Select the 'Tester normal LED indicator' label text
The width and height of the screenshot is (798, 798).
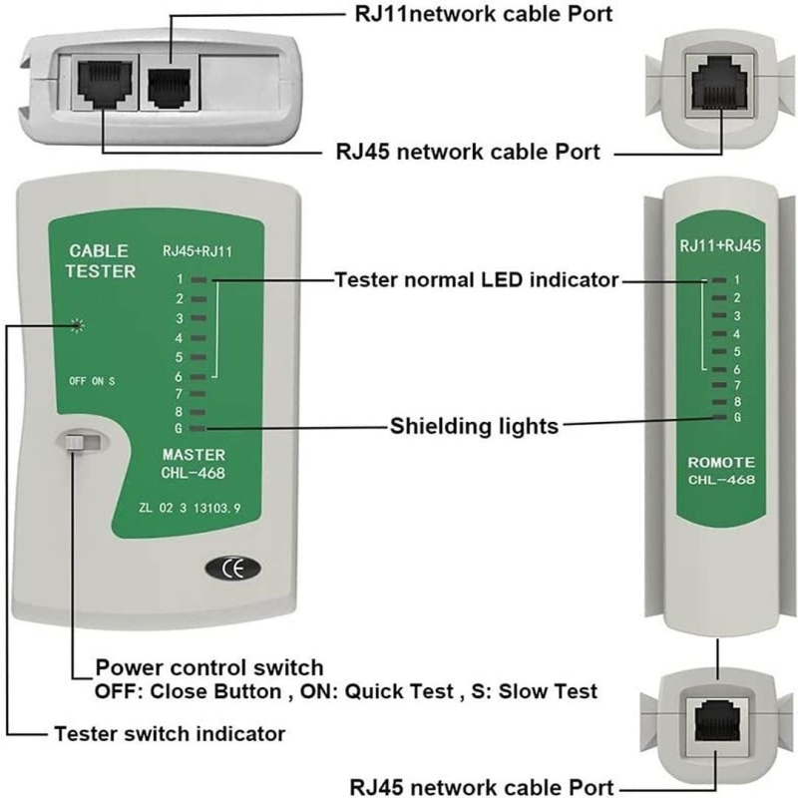click(476, 280)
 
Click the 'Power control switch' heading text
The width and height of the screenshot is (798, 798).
click(208, 667)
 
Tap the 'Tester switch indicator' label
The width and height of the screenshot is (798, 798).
click(169, 734)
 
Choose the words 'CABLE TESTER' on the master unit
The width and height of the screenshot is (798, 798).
click(100, 261)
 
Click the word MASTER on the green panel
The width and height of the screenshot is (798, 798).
click(194, 455)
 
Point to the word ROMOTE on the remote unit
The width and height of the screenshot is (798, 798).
click(720, 463)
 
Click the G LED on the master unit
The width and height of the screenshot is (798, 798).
click(199, 428)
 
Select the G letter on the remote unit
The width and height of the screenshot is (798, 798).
click(736, 417)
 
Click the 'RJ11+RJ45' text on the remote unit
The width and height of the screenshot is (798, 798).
click(720, 245)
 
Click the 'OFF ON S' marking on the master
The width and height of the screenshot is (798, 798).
click(92, 381)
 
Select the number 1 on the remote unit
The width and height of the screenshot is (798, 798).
click(736, 280)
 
